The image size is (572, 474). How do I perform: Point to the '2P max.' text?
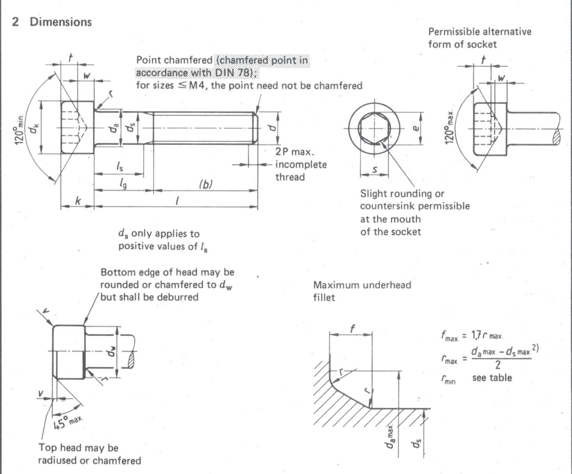pos(286,153)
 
